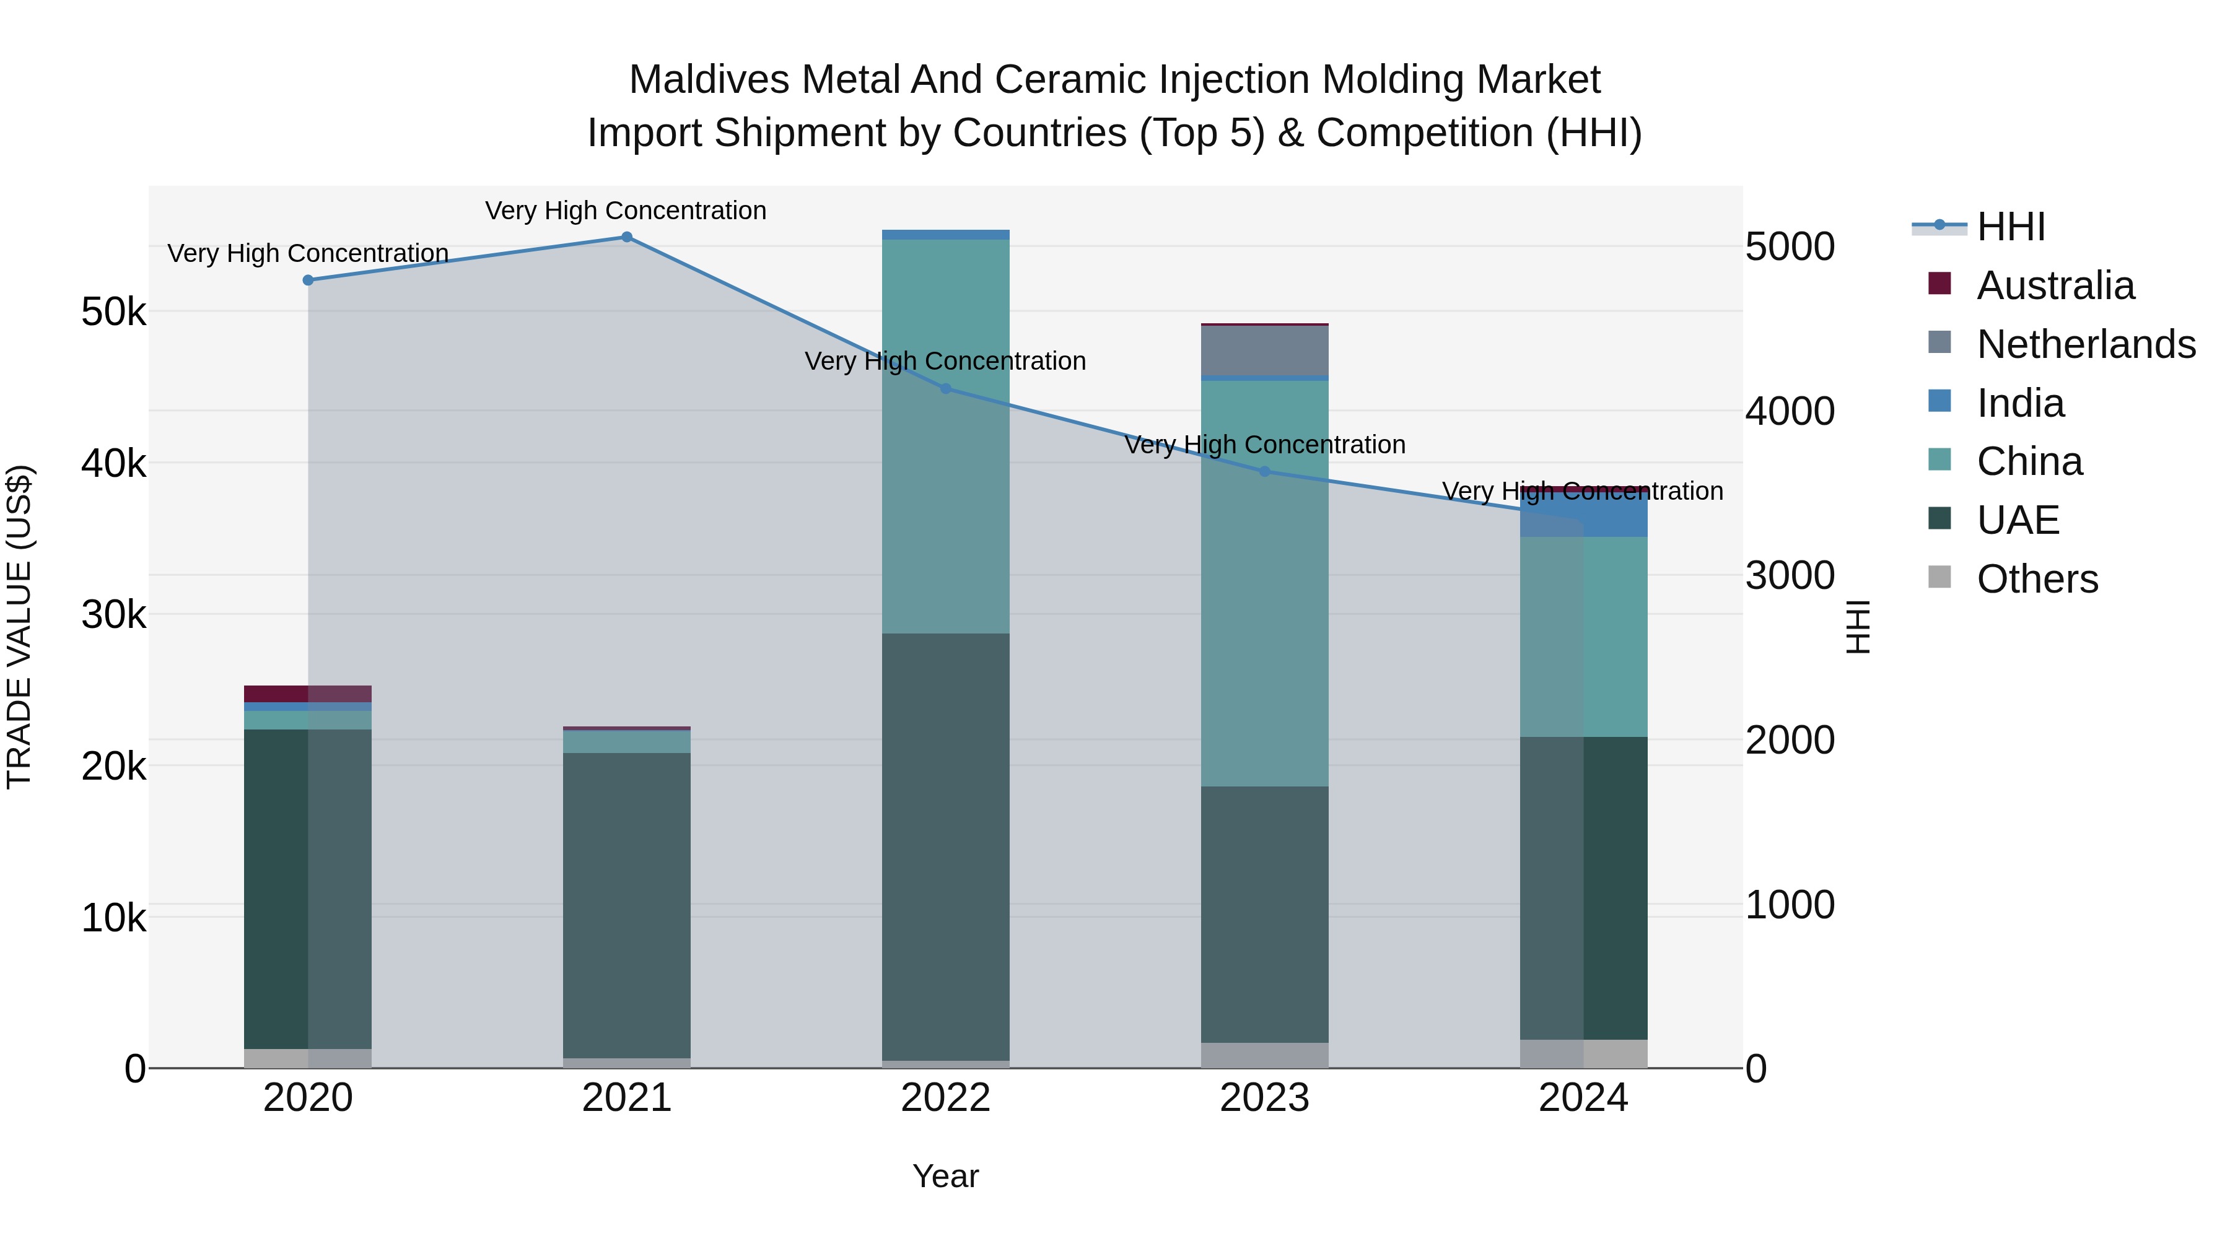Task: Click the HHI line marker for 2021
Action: pyautogui.click(x=627, y=237)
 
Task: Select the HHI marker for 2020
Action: pyautogui.click(x=308, y=281)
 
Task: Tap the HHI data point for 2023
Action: pyautogui.click(x=1265, y=472)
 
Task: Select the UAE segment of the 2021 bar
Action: pyautogui.click(x=627, y=904)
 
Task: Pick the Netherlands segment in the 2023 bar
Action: pyautogui.click(x=1265, y=351)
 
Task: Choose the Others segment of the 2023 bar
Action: pyautogui.click(x=1265, y=1055)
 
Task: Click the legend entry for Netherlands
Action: pyautogui.click(x=2086, y=344)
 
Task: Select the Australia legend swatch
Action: pyautogui.click(x=1940, y=284)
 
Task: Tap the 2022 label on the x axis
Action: pyautogui.click(x=945, y=1098)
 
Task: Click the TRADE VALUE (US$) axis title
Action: pyautogui.click(x=19, y=627)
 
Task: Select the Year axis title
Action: pyautogui.click(x=945, y=1176)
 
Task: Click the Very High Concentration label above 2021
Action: pyautogui.click(x=626, y=211)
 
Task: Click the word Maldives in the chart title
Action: pyautogui.click(x=709, y=80)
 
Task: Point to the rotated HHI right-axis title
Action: pyautogui.click(x=1858, y=627)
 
